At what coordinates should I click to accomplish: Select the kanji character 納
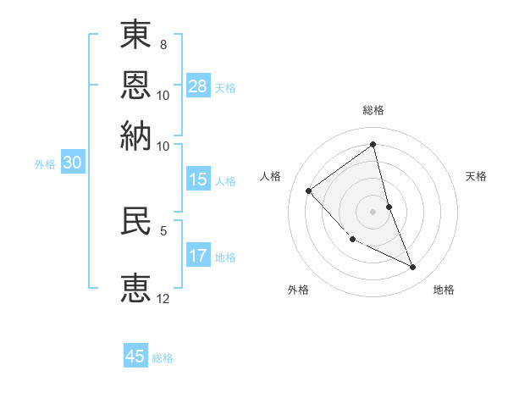[x=136, y=135]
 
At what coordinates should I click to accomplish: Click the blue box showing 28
[x=198, y=86]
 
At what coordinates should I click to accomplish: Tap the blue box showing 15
[x=198, y=180]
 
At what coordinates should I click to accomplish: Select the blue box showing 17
[x=198, y=256]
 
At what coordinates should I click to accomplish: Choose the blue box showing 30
[x=72, y=163]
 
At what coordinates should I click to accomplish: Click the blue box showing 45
[x=135, y=357]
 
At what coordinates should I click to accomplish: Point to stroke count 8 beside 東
[x=163, y=43]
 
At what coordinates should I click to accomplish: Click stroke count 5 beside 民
[x=163, y=229]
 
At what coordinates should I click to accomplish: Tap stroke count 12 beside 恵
[x=163, y=298]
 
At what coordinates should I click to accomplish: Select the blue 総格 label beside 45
[x=163, y=358]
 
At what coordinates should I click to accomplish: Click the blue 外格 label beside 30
[x=45, y=164]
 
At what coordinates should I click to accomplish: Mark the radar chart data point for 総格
[x=373, y=144]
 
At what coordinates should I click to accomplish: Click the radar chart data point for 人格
[x=309, y=191]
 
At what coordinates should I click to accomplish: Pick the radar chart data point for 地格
[x=413, y=268]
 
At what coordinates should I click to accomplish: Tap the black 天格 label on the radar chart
[x=476, y=176]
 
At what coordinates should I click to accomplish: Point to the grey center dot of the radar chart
[x=373, y=212]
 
